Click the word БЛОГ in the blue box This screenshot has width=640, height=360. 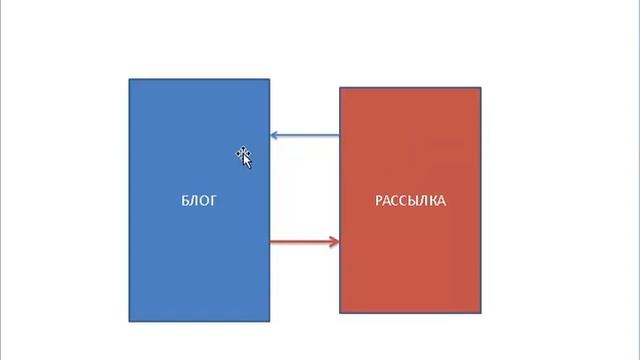coord(199,201)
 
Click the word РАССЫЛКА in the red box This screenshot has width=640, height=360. coord(410,201)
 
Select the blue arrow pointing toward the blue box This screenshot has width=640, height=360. coord(304,135)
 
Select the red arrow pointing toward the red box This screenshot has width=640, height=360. coord(304,242)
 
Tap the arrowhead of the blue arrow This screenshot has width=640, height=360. coord(274,135)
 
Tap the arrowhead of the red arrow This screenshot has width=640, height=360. coord(335,242)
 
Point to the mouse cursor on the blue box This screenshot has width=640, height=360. coord(244,157)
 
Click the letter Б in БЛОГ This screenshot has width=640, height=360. coord(185,201)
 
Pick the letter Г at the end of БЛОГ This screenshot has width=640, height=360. coord(213,201)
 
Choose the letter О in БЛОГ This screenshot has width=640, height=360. coord(204,201)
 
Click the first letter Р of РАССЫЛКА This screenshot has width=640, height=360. coord(378,201)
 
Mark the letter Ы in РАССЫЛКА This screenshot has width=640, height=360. coord(416,201)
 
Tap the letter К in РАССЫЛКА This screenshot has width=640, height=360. coord(433,201)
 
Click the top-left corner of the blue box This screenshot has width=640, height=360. coord(129,79)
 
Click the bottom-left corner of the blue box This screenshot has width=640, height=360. coord(129,322)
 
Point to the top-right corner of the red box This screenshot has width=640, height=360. coord(481,87)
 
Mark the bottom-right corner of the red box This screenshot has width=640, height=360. coord(481,313)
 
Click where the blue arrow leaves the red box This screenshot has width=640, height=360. coord(340,135)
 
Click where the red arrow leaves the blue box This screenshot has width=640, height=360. coord(270,242)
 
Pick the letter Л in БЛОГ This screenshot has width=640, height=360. coord(194,201)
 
